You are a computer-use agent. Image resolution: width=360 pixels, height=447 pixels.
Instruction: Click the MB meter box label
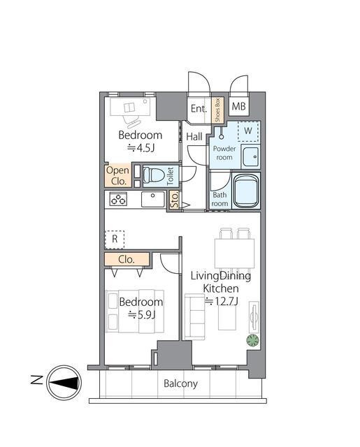click(x=238, y=106)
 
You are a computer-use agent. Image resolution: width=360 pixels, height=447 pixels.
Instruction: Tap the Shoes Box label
click(x=217, y=110)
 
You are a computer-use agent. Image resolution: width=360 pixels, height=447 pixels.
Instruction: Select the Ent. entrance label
click(x=199, y=108)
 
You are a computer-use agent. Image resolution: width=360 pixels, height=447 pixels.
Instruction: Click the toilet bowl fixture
click(x=152, y=175)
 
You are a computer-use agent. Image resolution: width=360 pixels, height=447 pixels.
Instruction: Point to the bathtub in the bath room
click(x=246, y=191)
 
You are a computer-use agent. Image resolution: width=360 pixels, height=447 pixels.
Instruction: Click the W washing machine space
click(x=248, y=131)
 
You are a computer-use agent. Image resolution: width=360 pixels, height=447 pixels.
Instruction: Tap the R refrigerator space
click(x=115, y=240)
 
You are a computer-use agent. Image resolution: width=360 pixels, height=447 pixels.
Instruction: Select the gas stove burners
click(x=118, y=198)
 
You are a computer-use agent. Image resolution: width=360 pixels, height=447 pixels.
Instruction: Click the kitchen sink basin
click(x=153, y=199)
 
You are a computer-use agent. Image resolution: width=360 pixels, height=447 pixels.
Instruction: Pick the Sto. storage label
click(x=175, y=200)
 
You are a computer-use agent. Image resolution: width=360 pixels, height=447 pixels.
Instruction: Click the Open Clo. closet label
click(x=118, y=175)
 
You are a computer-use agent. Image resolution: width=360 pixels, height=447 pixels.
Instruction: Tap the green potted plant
click(x=253, y=340)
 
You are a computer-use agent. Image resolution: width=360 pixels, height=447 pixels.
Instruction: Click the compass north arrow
click(x=64, y=383)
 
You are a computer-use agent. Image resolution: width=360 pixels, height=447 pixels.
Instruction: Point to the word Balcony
click(x=180, y=383)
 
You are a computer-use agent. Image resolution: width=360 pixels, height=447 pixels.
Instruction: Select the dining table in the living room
click(x=234, y=254)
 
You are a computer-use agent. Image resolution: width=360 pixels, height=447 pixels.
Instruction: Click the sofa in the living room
click(x=195, y=316)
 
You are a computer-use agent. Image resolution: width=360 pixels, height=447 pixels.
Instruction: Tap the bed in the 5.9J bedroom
click(x=135, y=312)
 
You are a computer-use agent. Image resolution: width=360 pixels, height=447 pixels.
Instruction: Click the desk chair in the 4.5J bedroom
click(x=132, y=122)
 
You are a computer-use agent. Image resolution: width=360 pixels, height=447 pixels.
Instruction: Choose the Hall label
click(x=194, y=137)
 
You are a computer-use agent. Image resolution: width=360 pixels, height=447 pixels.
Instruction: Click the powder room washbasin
click(x=251, y=156)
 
